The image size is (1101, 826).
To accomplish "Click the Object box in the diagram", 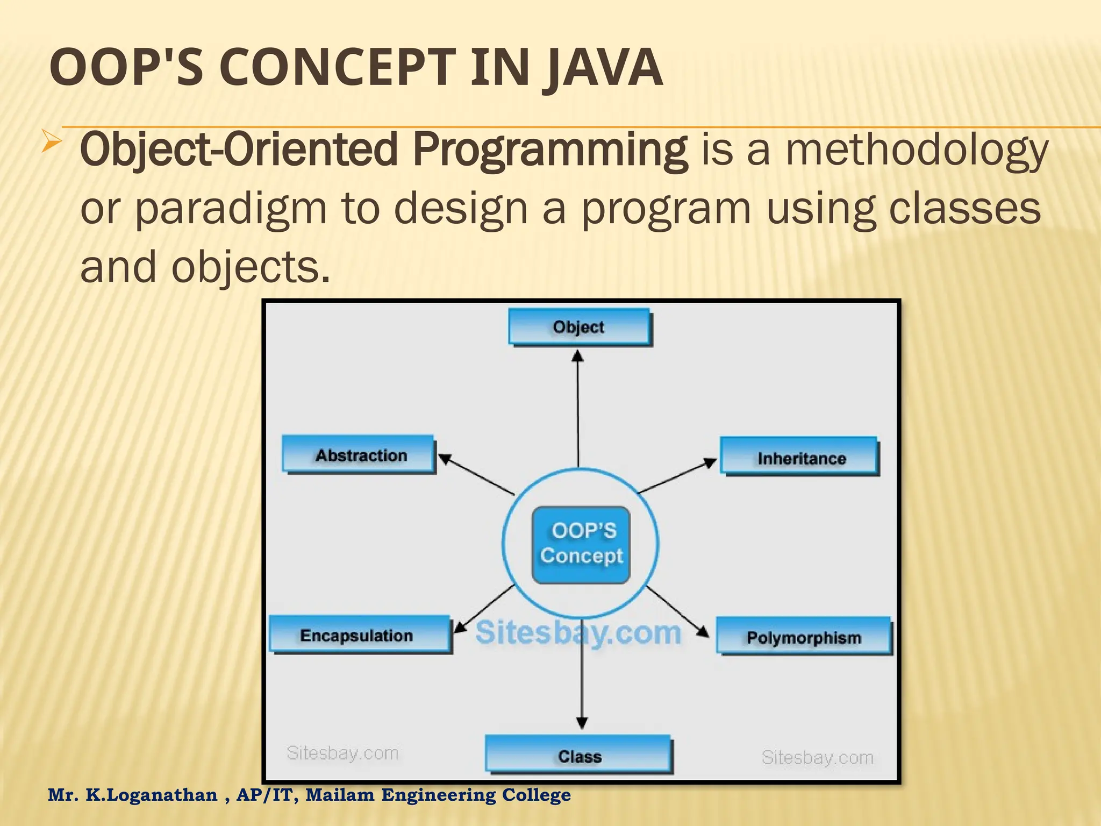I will pos(579,327).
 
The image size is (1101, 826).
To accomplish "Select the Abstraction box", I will pos(359,455).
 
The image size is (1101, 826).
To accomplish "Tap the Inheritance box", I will pos(799,457).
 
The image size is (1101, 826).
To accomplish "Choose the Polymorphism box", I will pos(803,637).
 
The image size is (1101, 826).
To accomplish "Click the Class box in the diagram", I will pos(578,756).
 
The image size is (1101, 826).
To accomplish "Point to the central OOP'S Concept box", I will pos(581,544).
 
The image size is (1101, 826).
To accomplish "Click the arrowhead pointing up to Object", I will pos(578,357).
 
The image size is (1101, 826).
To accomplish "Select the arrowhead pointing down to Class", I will pos(582,722).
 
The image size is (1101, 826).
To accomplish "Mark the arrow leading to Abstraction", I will pos(476,475).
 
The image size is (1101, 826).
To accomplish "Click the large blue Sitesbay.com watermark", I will pos(578,632).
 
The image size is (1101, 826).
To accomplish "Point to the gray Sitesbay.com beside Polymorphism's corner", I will pos(817,757).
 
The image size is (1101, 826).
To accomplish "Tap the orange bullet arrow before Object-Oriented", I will pos(52,143).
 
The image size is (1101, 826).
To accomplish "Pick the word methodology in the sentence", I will pos(917,151).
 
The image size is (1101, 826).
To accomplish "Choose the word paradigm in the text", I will pos(230,209).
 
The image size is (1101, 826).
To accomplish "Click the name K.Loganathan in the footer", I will pos(152,795).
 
